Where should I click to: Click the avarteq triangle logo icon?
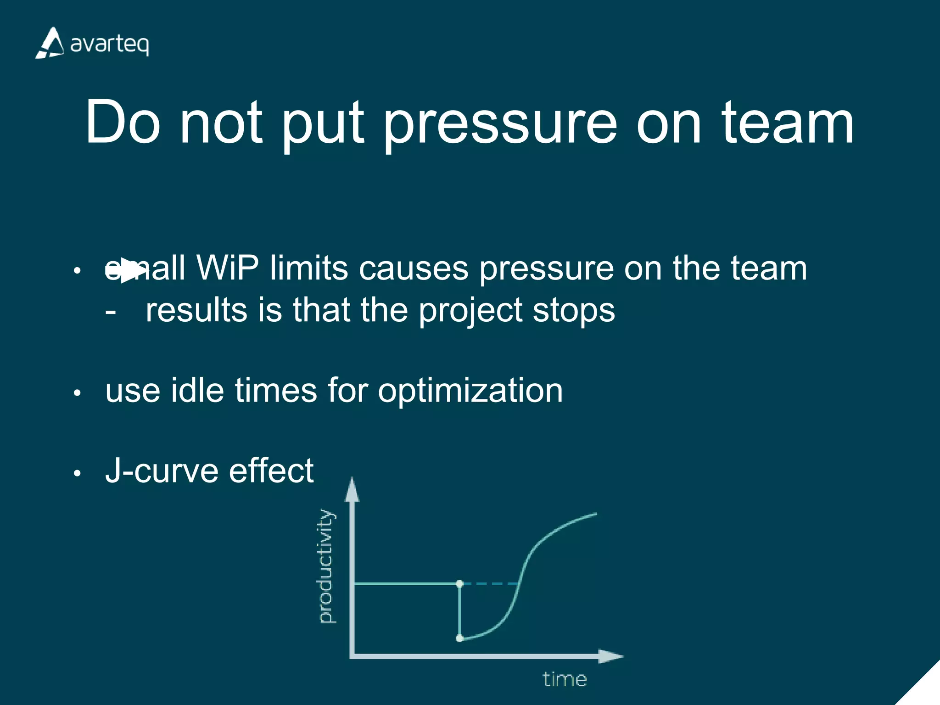point(50,43)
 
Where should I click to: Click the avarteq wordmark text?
point(109,45)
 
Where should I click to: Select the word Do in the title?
point(123,122)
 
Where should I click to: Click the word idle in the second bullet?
point(197,391)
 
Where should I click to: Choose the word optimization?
point(470,392)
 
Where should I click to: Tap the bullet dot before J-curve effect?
point(77,473)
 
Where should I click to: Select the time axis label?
point(565,679)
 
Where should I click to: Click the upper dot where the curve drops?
point(460,583)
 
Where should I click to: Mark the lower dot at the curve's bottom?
point(459,638)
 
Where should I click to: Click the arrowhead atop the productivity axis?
point(352,489)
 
